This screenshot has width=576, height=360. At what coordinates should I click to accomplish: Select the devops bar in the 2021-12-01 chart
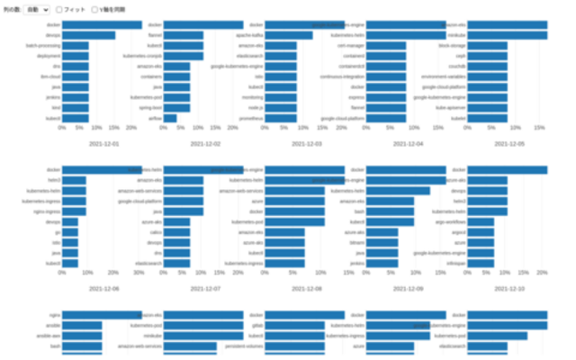88,36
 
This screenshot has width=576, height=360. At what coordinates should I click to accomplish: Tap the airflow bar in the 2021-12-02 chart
170,118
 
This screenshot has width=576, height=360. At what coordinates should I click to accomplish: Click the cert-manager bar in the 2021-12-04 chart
382,45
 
